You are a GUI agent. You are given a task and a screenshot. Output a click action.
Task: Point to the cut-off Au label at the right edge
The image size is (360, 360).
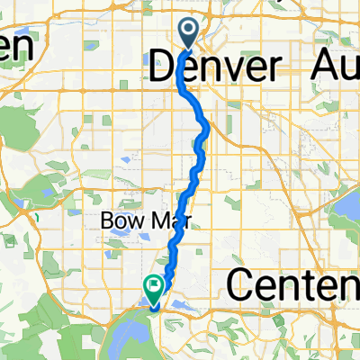pyautogui.click(x=333, y=67)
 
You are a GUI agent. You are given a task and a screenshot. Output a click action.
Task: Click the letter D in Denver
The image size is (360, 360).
pyautogui.click(x=160, y=67)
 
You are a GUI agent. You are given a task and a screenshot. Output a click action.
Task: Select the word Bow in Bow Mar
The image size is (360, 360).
pyautogui.click(x=118, y=220)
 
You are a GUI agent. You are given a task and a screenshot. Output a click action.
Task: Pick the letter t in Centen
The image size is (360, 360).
pyautogui.click(x=322, y=285)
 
